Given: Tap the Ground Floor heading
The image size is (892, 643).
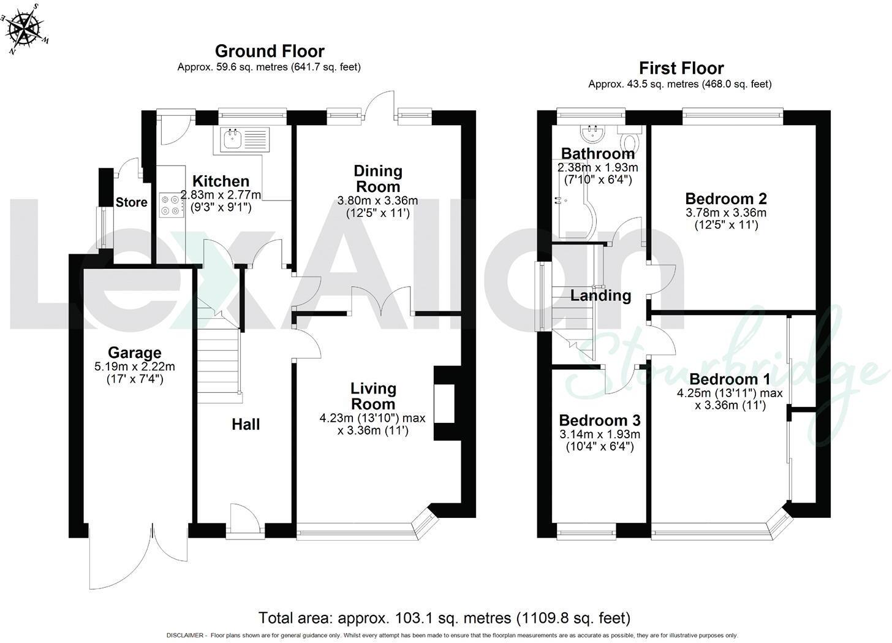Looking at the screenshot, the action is [x=270, y=51].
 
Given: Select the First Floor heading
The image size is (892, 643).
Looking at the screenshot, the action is [x=681, y=69].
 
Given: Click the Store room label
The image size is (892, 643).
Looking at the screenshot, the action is [x=131, y=202].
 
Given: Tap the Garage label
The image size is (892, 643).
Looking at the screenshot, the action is [x=135, y=352].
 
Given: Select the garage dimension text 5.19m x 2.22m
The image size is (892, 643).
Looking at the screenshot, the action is [x=135, y=367].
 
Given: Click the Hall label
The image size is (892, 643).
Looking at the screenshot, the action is [x=246, y=425].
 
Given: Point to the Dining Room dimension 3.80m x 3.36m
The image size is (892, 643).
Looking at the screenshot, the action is [x=377, y=200].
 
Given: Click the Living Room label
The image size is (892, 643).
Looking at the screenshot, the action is [x=373, y=397].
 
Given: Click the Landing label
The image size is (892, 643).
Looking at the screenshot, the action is [x=601, y=295].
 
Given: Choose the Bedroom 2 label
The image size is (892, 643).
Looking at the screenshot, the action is [x=726, y=199].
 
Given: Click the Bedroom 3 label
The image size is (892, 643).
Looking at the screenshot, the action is [x=600, y=420].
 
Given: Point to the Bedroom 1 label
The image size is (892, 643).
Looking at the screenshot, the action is [x=730, y=379].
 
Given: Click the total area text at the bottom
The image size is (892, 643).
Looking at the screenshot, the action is [x=444, y=618].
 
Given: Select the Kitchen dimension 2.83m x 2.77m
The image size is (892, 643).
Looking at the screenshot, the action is [x=221, y=195].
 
